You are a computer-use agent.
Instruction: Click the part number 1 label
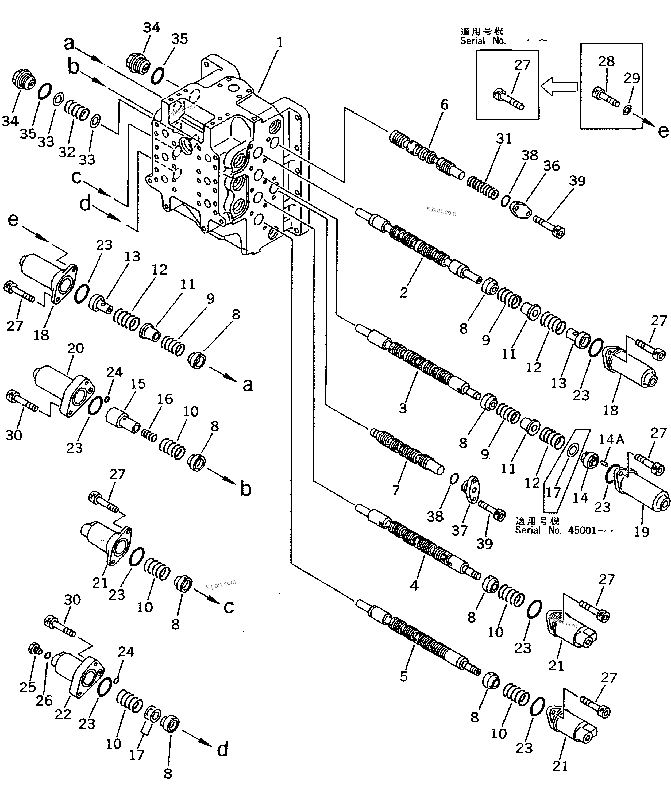click(280, 43)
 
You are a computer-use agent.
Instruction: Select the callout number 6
click(444, 105)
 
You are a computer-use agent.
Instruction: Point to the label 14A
click(612, 440)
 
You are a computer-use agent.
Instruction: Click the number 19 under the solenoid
click(641, 531)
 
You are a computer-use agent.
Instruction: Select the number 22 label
click(63, 715)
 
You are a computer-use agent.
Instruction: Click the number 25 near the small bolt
click(27, 687)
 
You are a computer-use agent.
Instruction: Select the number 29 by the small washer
click(631, 78)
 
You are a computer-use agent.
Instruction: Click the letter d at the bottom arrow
click(222, 749)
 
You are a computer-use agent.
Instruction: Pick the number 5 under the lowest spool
click(404, 676)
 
